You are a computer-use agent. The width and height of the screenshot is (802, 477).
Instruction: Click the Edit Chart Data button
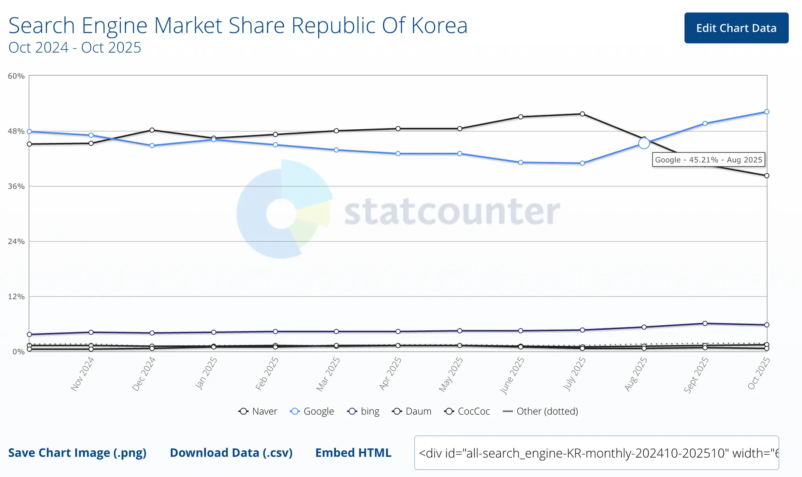click(736, 28)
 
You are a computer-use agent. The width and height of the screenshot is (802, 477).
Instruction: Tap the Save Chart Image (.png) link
click(78, 453)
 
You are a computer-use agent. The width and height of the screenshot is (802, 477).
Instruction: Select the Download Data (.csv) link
click(231, 453)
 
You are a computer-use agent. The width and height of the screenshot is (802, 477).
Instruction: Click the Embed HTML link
click(353, 453)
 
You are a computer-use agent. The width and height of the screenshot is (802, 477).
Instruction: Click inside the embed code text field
click(596, 453)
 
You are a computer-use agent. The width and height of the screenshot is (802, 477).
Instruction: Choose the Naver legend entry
click(258, 411)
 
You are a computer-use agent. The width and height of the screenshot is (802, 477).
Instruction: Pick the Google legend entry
click(312, 411)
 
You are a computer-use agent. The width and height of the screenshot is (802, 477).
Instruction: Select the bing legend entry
click(363, 411)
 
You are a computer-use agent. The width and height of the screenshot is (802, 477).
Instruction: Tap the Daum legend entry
click(412, 411)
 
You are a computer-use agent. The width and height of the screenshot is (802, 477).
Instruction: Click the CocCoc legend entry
click(467, 411)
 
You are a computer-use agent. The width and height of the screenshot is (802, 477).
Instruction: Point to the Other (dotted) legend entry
click(540, 411)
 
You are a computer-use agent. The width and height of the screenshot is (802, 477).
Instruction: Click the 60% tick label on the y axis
click(16, 76)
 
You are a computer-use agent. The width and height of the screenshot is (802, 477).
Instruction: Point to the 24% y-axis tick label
click(16, 241)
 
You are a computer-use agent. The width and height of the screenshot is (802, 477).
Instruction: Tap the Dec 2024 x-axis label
click(144, 374)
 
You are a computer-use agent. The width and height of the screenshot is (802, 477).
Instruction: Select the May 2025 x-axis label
click(451, 374)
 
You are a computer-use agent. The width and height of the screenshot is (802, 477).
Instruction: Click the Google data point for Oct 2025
click(767, 112)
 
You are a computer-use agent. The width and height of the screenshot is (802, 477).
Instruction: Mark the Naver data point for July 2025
click(582, 114)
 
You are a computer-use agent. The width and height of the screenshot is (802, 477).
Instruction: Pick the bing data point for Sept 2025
click(705, 323)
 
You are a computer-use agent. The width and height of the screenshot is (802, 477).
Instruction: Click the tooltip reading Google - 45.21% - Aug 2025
click(708, 160)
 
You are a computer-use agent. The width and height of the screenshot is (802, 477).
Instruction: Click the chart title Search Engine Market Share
click(238, 25)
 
